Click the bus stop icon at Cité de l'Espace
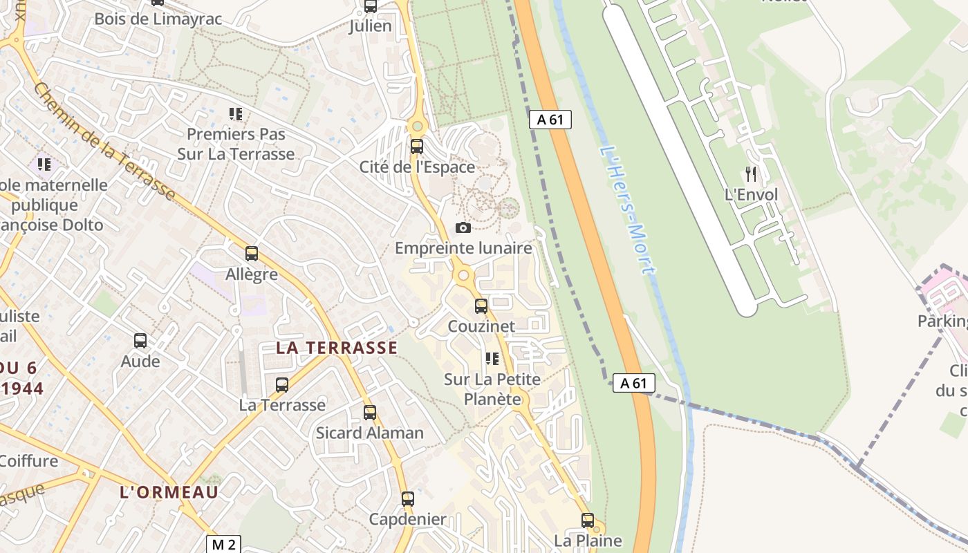point(416,147)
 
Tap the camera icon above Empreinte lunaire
point(463,227)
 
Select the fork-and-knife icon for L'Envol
point(751,174)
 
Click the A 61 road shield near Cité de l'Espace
point(550,120)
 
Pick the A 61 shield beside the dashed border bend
point(633,383)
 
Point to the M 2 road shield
point(223,544)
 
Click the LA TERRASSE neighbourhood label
point(337,348)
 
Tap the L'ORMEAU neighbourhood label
point(169,492)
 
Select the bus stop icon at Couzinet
point(481,306)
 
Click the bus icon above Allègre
point(252,254)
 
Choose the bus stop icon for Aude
point(140,340)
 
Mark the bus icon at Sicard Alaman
point(370,413)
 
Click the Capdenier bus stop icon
point(408,498)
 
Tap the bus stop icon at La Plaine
point(588,521)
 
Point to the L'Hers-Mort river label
point(626,209)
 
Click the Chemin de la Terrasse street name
point(104,142)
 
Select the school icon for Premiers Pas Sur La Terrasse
point(236,113)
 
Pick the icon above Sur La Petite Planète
point(492,358)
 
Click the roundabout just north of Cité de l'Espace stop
point(416,126)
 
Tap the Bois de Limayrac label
point(158,19)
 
